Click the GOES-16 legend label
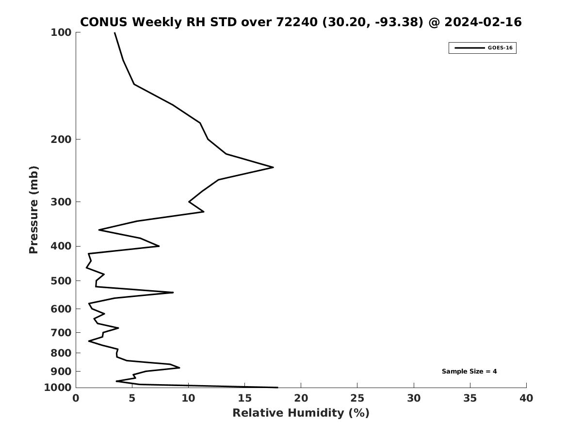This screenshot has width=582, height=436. pos(500,48)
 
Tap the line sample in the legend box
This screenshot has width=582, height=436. pos(469,48)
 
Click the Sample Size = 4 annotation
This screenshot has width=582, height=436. pos(469,371)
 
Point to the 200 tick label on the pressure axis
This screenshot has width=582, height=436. pos(61,139)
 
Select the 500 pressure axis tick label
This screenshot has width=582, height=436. pos(61,280)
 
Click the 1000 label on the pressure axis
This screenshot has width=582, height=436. pos(58,388)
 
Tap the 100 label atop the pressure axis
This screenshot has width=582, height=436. pos(61,32)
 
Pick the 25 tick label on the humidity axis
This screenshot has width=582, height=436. pos(357,398)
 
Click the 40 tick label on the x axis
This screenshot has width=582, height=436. pos(526,398)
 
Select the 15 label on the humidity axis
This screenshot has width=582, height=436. pos(244,398)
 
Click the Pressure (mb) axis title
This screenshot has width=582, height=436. pos(33,210)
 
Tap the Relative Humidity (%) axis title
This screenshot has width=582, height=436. pos(301,413)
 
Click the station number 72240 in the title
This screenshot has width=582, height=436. pos(297,22)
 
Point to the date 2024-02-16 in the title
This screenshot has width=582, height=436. pos(483,22)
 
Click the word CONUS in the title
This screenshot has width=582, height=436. pos(104,22)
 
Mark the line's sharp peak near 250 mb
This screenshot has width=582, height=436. pos(273,167)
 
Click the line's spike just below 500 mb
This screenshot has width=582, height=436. pos(173,293)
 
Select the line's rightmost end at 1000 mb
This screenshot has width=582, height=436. pos(277,387)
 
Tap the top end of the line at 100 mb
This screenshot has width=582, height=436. pos(114,33)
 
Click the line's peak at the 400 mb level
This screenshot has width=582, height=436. pos(159,246)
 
